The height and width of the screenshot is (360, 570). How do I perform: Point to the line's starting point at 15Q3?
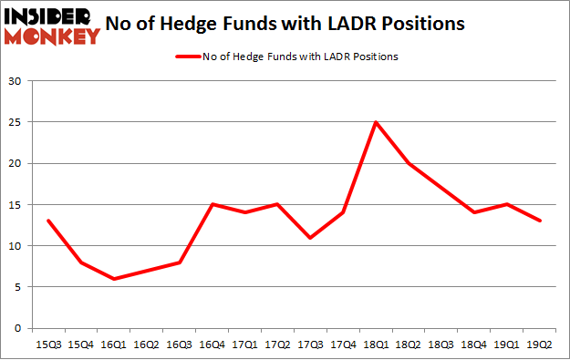coord(47,221)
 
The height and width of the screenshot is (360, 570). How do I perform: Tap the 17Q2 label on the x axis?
coord(276,345)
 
